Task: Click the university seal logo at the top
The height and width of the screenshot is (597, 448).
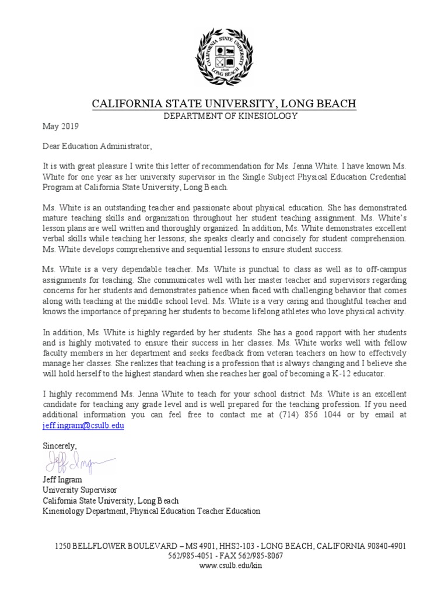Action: point(224,57)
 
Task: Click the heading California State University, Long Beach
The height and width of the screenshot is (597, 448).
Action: point(224,104)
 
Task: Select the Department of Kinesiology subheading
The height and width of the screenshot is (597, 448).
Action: point(224,116)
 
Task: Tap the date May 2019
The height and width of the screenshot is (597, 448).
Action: point(60,125)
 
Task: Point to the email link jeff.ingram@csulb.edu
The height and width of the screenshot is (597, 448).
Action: point(83,426)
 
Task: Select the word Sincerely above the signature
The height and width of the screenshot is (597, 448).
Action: point(60,445)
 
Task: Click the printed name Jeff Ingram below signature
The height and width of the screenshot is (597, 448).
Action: point(62,480)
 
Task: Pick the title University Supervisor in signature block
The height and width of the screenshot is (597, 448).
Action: point(80,490)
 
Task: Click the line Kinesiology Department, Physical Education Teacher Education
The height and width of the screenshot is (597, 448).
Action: point(151,511)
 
